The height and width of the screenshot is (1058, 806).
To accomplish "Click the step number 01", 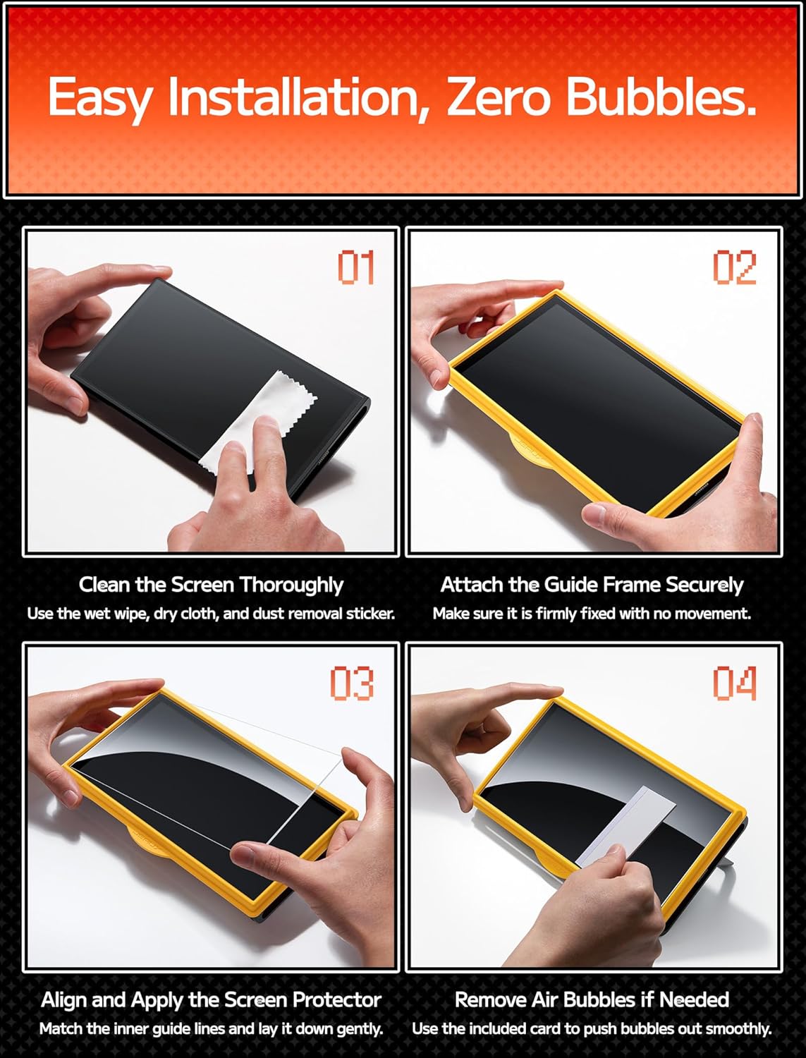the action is pyautogui.click(x=355, y=267).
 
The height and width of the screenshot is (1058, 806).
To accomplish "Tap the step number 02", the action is pyautogui.click(x=734, y=267).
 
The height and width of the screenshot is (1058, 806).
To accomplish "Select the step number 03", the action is pyautogui.click(x=352, y=683).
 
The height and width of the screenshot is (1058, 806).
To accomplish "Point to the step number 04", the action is pyautogui.click(x=734, y=683).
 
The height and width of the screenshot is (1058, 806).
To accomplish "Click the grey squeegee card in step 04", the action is pyautogui.click(x=626, y=825).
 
